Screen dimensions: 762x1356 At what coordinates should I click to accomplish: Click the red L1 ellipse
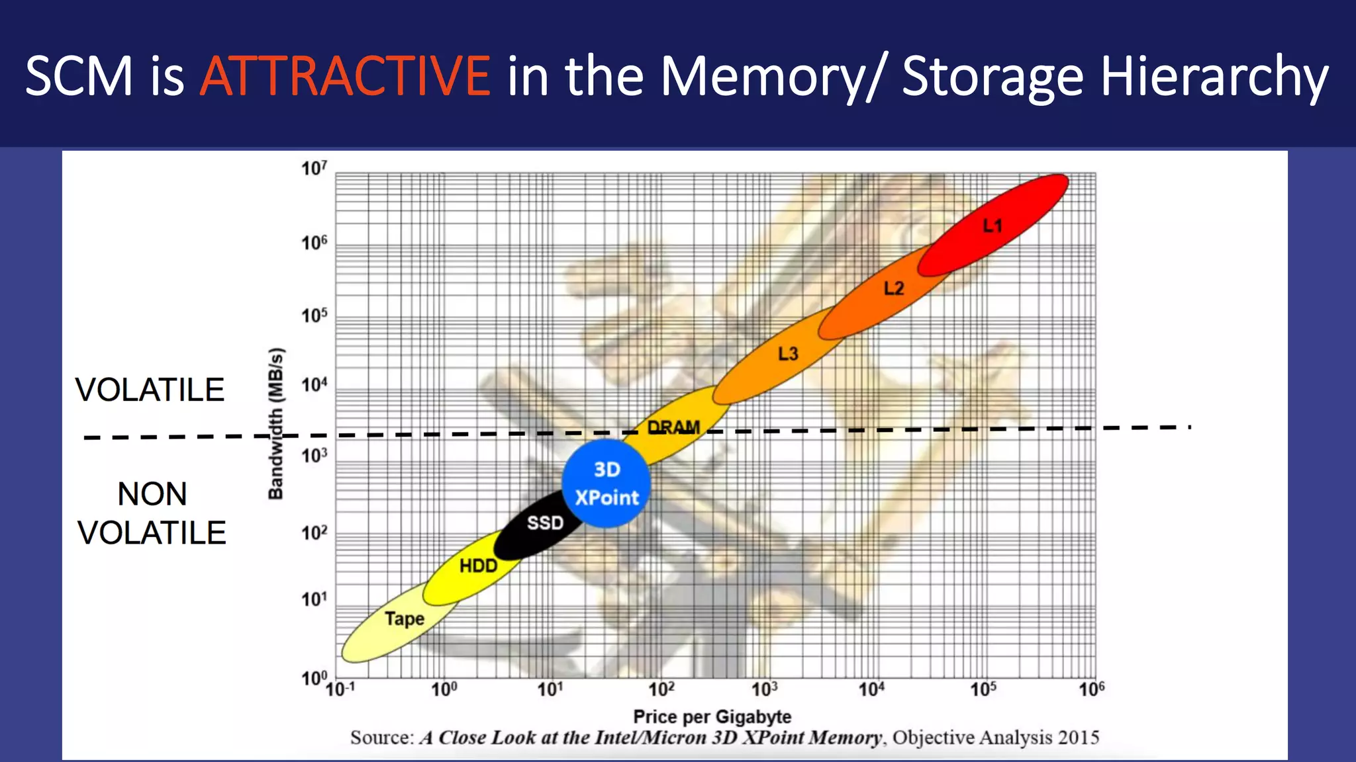pos(993,226)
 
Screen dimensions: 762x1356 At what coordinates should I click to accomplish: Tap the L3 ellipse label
pos(788,354)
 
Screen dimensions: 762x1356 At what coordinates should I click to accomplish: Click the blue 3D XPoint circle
pos(606,484)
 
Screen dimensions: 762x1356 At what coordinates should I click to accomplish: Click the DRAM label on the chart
pos(673,428)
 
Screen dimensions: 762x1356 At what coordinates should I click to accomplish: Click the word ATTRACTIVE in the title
pos(345,76)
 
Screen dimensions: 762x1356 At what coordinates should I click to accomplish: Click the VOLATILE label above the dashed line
pos(150,390)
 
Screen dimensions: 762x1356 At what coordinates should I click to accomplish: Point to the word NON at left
pos(152,494)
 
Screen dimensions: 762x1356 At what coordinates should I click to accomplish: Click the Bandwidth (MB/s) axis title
pos(276,423)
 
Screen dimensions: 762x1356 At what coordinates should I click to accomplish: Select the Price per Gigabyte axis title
pos(712,717)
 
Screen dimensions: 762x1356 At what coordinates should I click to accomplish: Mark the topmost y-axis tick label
pos(314,169)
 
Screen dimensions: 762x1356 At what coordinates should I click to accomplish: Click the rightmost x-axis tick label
pos(1091,689)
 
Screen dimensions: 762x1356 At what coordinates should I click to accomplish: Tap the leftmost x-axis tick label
pos(340,689)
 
